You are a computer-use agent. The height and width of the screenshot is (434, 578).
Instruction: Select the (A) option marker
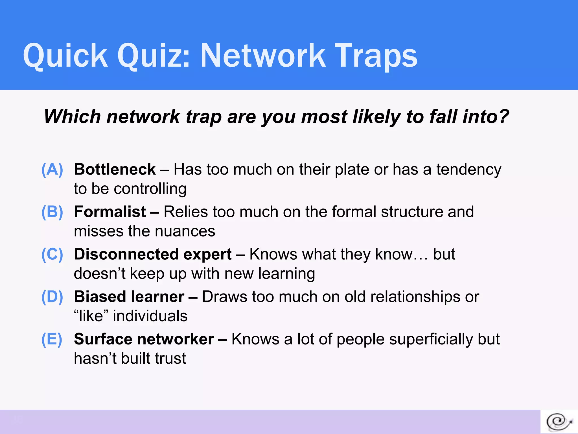click(52, 170)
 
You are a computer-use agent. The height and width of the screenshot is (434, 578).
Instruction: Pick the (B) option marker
click(52, 212)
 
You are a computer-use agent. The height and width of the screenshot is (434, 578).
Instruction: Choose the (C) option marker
click(52, 254)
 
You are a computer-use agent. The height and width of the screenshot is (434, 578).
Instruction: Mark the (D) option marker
click(52, 297)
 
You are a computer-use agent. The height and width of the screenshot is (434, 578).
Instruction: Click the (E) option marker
click(52, 339)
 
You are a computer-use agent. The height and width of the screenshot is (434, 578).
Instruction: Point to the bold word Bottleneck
click(115, 170)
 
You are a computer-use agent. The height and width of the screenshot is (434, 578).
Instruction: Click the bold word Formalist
click(110, 212)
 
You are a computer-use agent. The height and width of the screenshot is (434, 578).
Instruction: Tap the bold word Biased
click(100, 297)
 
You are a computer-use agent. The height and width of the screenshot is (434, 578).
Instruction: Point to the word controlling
click(150, 189)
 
